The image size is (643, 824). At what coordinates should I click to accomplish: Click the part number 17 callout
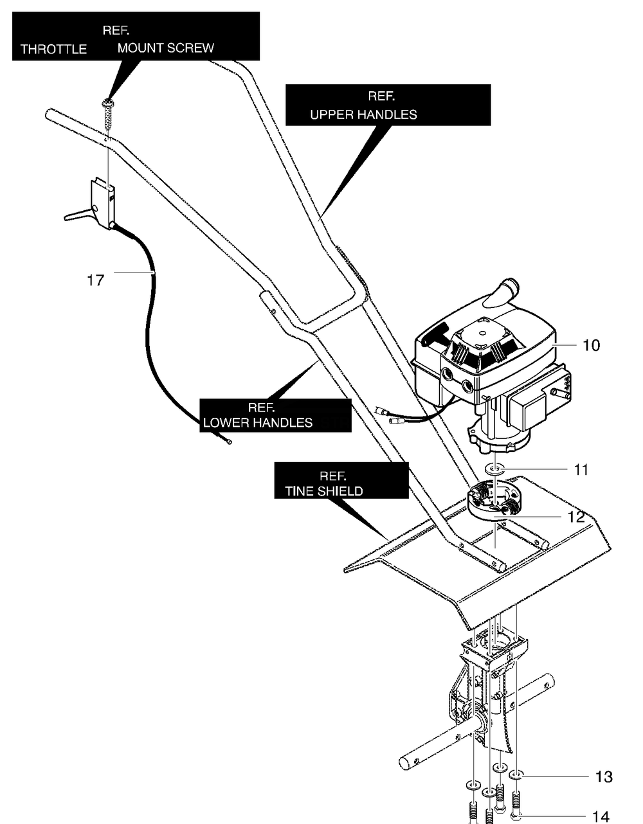coord(95,280)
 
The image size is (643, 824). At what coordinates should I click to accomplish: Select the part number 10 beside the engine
coord(591,345)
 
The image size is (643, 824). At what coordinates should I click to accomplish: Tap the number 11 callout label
coord(581,470)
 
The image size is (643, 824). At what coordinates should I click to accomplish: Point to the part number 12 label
coord(575,517)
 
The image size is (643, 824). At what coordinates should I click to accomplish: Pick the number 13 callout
coord(604,776)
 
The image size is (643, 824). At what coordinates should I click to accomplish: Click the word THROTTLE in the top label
coord(53,49)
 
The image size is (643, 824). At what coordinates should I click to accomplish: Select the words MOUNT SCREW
coord(166,48)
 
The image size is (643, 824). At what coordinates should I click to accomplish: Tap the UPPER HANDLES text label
coord(363,114)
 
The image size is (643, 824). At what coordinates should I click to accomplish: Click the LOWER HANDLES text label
coord(258,423)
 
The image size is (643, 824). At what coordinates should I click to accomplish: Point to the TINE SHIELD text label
coord(324,491)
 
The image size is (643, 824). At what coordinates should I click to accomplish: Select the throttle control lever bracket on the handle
coord(102,203)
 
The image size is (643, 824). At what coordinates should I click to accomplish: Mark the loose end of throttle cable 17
coord(229,442)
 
